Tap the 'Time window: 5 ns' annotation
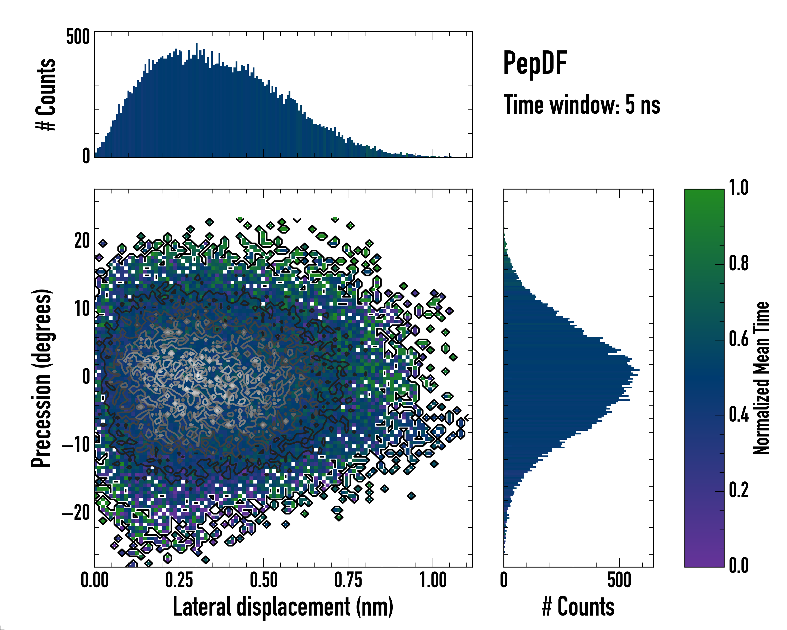pyautogui.click(x=582, y=105)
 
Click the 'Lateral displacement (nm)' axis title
pyautogui.click(x=283, y=607)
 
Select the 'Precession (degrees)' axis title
pyautogui.click(x=41, y=378)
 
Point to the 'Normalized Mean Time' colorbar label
pyautogui.click(x=761, y=378)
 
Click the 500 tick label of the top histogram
pyautogui.click(x=78, y=37)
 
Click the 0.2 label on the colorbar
pyautogui.click(x=738, y=490)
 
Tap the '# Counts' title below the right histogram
pyautogui.click(x=578, y=607)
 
